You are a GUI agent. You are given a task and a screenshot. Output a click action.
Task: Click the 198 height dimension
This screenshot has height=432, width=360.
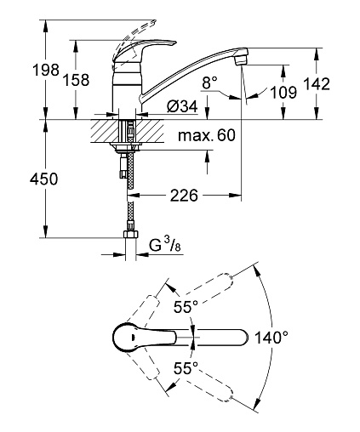click(46, 70)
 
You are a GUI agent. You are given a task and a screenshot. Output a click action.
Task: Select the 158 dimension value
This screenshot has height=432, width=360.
click(76, 80)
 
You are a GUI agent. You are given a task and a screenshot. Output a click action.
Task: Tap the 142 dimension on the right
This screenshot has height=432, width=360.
click(317, 84)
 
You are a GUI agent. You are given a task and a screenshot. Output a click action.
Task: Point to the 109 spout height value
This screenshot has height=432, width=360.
click(283, 93)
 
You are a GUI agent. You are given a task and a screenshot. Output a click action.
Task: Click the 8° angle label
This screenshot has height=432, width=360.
click(210, 82)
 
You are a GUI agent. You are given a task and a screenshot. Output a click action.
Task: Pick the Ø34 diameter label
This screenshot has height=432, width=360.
click(182, 106)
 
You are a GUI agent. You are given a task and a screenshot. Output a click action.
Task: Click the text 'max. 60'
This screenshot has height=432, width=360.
click(207, 135)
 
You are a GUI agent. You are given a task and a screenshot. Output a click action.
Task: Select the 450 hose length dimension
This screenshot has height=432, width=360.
click(43, 179)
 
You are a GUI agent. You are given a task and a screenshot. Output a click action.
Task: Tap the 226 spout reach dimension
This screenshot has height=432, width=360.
click(184, 196)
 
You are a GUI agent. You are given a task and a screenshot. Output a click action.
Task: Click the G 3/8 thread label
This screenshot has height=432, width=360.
click(164, 245)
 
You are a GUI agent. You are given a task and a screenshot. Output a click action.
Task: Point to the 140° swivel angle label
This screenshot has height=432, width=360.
click(271, 338)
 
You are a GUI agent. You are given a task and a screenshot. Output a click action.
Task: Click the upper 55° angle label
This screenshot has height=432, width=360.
click(186, 307)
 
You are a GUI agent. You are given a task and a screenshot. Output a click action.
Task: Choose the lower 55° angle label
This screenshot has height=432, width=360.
click(186, 368)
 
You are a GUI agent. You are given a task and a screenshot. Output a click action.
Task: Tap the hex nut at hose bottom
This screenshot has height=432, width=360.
click(131, 235)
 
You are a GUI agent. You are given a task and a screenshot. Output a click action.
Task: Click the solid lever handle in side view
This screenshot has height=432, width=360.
click(145, 48)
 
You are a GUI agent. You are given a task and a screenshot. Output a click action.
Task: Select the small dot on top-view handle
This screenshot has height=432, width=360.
click(133, 338)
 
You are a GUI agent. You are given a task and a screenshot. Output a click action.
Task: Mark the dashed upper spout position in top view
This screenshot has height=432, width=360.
click(189, 295)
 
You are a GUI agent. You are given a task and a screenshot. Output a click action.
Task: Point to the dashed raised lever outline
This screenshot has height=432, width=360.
click(134, 37)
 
